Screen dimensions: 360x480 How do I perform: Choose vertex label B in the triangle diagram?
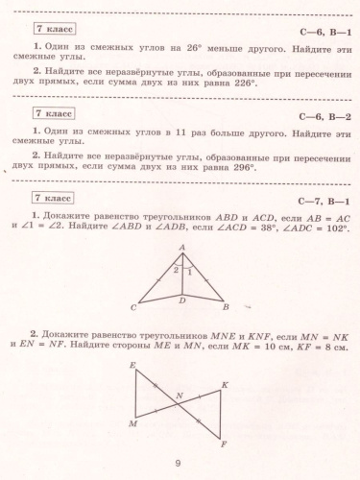coord(225,308)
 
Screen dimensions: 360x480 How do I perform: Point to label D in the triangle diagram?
coord(183,301)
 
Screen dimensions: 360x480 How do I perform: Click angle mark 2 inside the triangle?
coord(175,271)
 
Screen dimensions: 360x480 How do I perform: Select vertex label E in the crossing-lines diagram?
coord(132,367)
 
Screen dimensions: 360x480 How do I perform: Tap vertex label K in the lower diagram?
coord(225,385)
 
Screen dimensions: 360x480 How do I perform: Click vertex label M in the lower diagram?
coord(132,422)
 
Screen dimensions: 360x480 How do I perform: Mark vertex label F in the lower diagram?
coord(224,444)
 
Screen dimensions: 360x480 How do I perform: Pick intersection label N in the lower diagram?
coord(178,396)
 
